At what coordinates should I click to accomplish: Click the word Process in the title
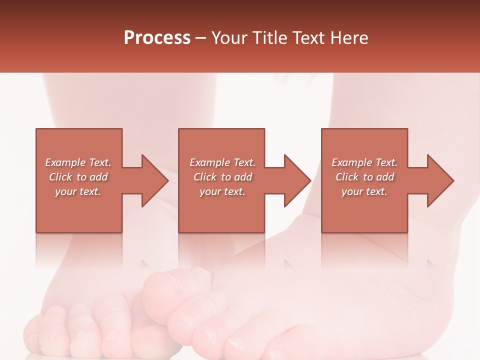pyautogui.click(x=157, y=38)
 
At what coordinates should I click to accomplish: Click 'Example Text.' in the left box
pyautogui.click(x=78, y=162)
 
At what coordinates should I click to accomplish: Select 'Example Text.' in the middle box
pyautogui.click(x=222, y=162)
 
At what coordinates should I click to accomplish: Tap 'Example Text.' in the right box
pyautogui.click(x=364, y=162)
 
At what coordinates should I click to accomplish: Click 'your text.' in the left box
pyautogui.click(x=78, y=191)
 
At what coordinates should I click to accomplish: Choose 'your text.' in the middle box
pyautogui.click(x=222, y=191)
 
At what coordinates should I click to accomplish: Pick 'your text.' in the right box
pyautogui.click(x=364, y=191)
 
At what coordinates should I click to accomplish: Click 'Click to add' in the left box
pyautogui.click(x=78, y=177)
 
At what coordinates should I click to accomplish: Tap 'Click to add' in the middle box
pyautogui.click(x=222, y=177)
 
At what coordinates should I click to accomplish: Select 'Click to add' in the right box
pyautogui.click(x=364, y=177)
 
